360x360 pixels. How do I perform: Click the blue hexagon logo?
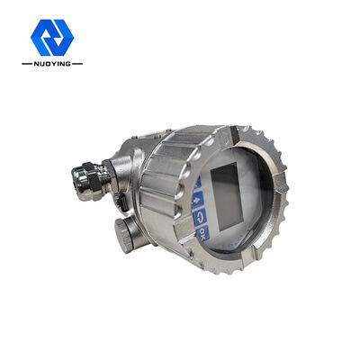point(51,37)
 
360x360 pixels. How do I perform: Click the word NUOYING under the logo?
point(51,65)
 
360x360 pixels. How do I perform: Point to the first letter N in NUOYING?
point(37,65)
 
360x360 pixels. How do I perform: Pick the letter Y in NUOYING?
point(52,65)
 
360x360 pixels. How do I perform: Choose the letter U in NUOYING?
point(41,65)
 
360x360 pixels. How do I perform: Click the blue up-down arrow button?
point(196,199)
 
